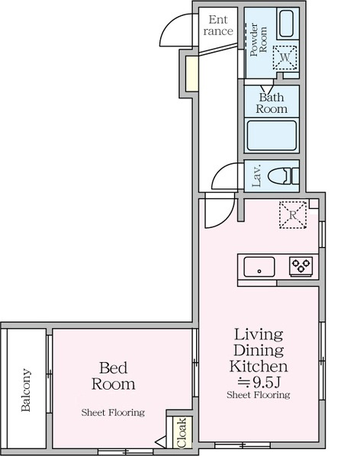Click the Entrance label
point(218,26)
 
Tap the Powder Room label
point(259,40)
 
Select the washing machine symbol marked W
point(285,57)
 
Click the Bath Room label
point(272,103)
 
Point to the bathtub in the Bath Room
point(272,136)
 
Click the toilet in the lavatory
point(283,176)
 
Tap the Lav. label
point(256,176)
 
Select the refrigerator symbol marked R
point(293,215)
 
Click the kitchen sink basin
point(259,267)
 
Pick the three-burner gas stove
point(301,266)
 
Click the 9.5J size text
point(266,383)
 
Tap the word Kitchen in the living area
point(259,366)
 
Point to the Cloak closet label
point(182,432)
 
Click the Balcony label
point(26,390)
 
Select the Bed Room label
point(114,376)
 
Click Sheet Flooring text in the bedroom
point(113,413)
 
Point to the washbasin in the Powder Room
point(287,24)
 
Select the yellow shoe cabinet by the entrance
point(191,73)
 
